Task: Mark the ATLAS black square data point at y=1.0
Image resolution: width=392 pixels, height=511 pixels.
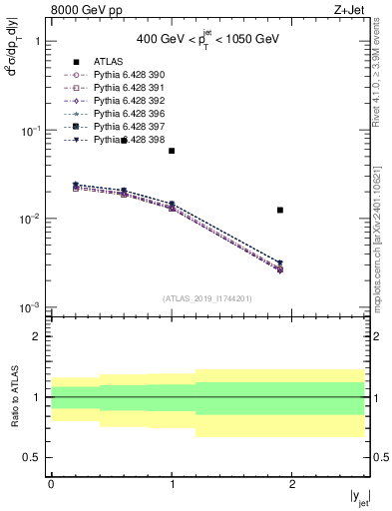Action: coord(172,151)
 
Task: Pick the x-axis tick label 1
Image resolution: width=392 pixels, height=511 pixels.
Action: coord(172,484)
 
